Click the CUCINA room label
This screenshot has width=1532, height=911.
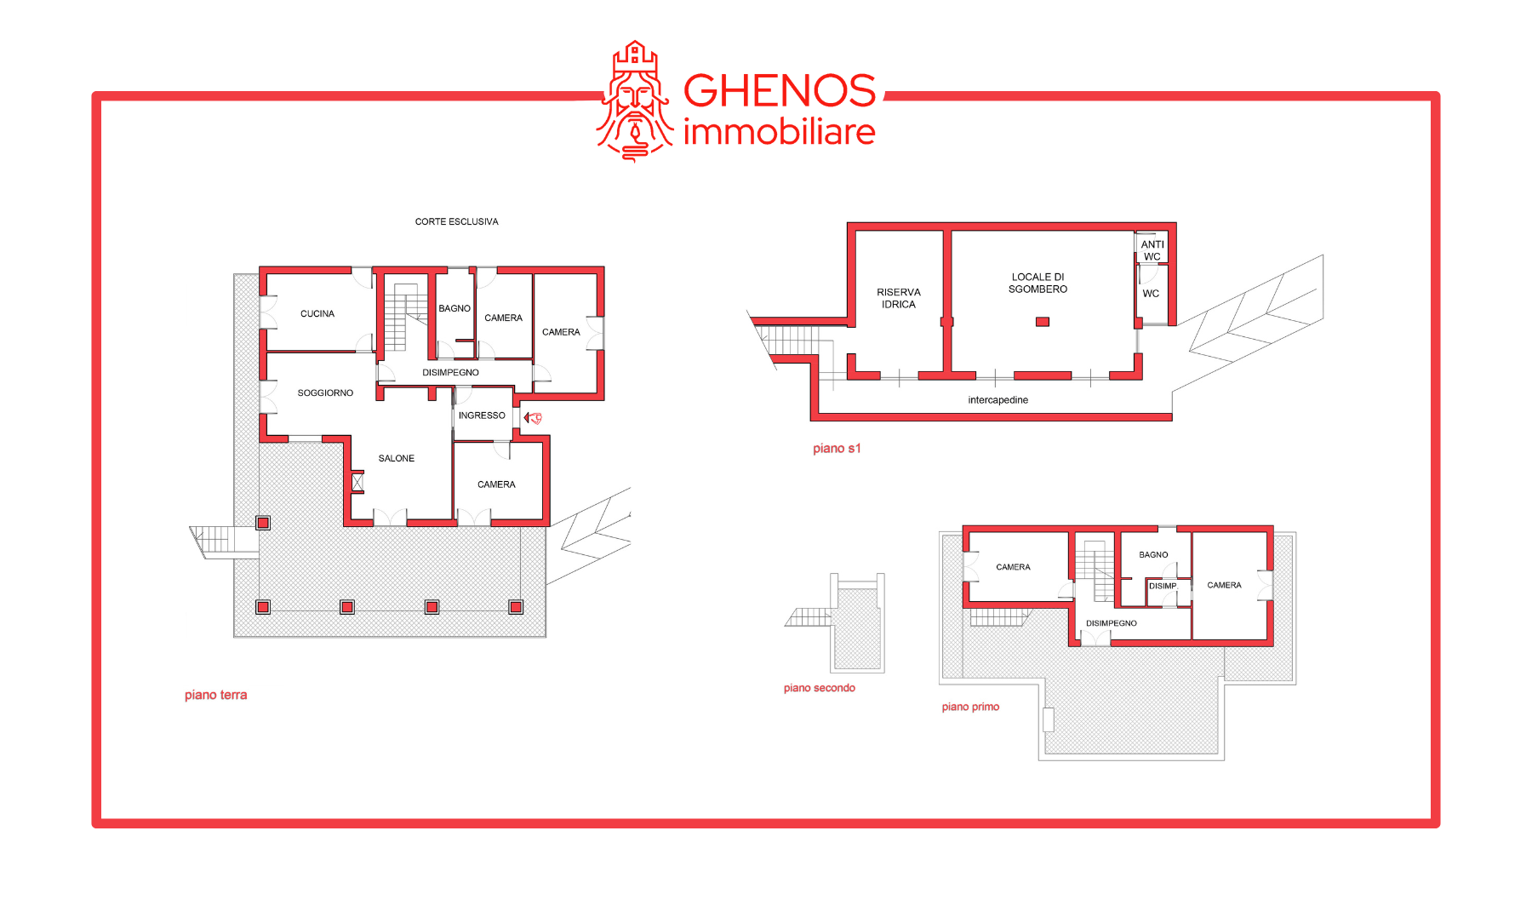pyautogui.click(x=317, y=314)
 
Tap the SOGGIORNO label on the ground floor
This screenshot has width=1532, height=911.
pyautogui.click(x=325, y=393)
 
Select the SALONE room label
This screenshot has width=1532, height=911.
pyautogui.click(x=397, y=459)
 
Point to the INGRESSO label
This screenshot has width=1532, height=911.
pyautogui.click(x=482, y=416)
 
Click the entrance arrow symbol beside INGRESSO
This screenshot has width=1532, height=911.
pyautogui.click(x=533, y=418)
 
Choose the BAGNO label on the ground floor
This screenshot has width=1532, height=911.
pyautogui.click(x=454, y=309)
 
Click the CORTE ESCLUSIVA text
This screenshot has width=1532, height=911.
pyautogui.click(x=457, y=222)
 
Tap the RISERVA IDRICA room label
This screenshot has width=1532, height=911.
pyautogui.click(x=899, y=299)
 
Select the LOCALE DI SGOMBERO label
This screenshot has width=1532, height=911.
pyautogui.click(x=1038, y=284)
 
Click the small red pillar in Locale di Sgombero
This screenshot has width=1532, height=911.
pyautogui.click(x=1043, y=322)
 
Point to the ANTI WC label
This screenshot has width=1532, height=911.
pyautogui.click(x=1152, y=251)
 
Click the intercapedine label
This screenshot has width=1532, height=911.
pyautogui.click(x=998, y=400)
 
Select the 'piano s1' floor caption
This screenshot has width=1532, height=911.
pyautogui.click(x=837, y=449)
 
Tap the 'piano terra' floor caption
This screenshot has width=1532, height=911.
pyautogui.click(x=216, y=696)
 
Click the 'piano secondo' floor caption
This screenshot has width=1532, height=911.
pyautogui.click(x=820, y=689)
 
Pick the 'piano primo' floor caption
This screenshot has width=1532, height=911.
pyautogui.click(x=970, y=708)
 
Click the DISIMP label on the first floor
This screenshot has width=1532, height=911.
pyautogui.click(x=1163, y=587)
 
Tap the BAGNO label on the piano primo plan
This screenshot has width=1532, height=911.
pyautogui.click(x=1154, y=555)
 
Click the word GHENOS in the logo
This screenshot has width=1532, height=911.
pyautogui.click(x=780, y=91)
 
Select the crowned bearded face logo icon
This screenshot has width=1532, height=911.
pyautogui.click(x=635, y=102)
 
